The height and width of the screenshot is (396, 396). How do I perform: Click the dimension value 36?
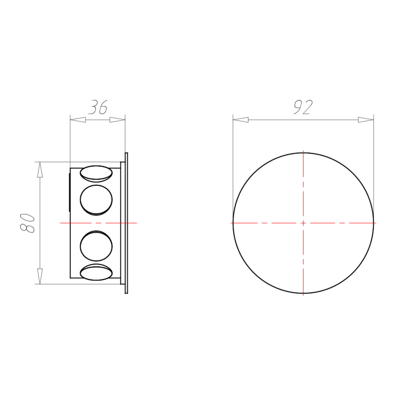pos(98,107)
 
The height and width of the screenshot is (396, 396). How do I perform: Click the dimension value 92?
pos(303,107)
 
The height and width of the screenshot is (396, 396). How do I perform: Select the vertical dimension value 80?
pos(27,223)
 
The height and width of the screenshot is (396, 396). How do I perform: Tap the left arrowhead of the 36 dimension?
pos(78,120)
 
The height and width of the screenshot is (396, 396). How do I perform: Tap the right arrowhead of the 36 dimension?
pos(117,120)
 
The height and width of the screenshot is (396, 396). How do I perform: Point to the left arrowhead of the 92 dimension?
pos(240,120)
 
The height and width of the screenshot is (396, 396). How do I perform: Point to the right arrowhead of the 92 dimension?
pos(366,120)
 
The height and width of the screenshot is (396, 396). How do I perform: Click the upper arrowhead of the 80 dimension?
pos(40,170)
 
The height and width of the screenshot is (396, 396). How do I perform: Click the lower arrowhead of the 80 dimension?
pos(40,276)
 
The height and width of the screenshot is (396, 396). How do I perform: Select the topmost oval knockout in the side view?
pos(96,174)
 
